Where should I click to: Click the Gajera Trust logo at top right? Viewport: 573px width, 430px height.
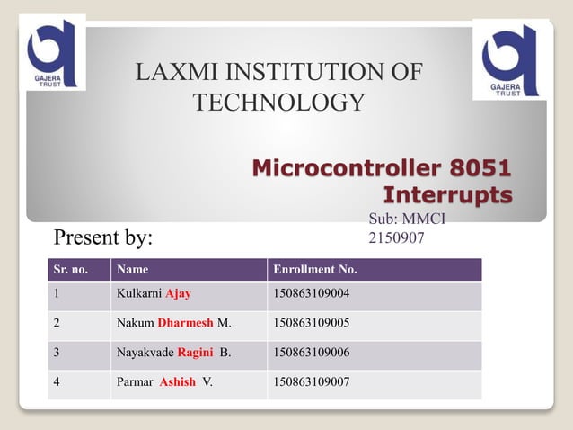point(509,58)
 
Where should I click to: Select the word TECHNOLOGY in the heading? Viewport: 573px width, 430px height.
point(279,103)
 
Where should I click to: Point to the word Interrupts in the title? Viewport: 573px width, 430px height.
point(447,194)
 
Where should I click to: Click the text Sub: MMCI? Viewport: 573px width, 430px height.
point(407,219)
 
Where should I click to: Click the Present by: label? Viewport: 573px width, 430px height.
point(103,238)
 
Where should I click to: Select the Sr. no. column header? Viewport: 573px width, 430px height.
point(72,269)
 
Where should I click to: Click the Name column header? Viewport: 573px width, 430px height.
point(132,269)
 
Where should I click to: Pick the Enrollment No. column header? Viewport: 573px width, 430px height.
point(314,269)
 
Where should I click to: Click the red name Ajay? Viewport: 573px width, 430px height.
point(178,293)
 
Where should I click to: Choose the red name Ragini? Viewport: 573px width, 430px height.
point(195,352)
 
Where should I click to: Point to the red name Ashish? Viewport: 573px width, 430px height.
point(177,381)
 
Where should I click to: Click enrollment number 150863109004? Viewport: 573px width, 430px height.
point(311,293)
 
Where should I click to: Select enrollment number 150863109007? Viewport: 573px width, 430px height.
point(311,381)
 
